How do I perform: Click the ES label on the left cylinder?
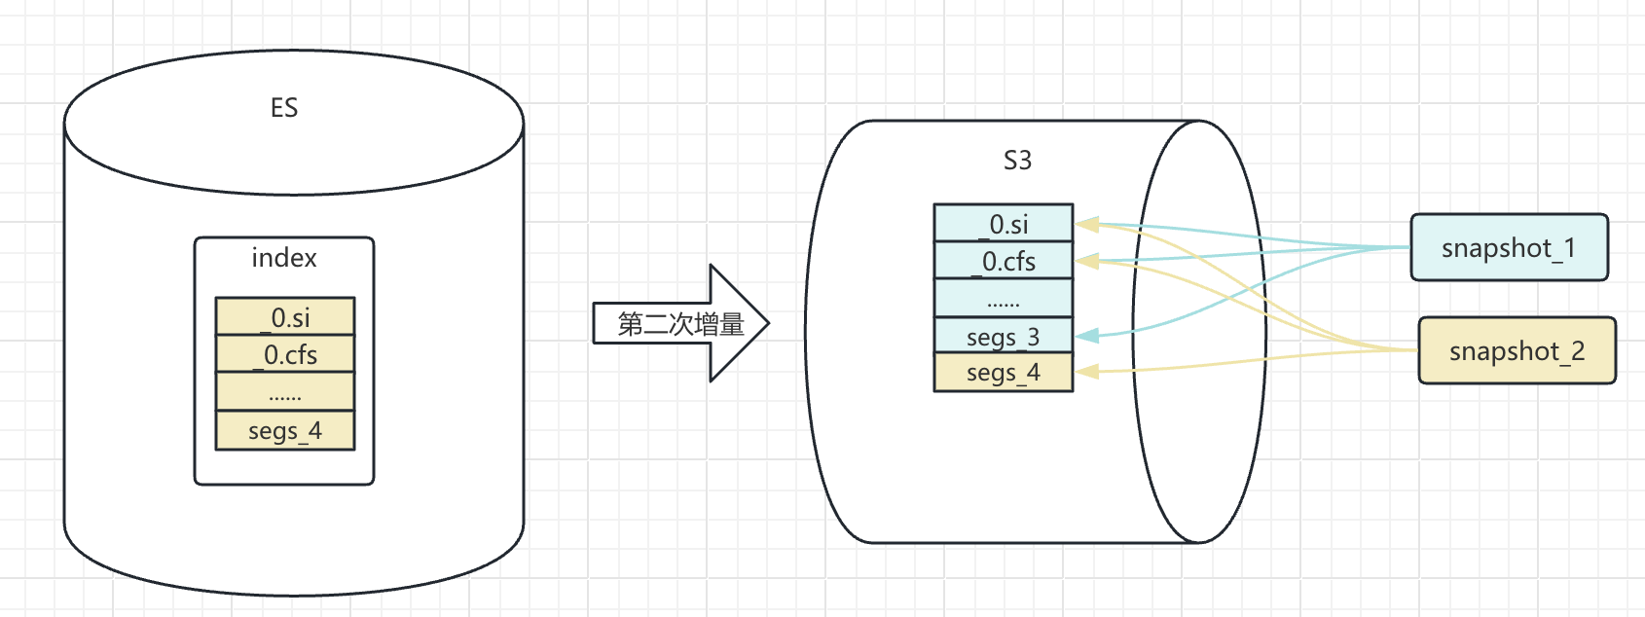point(284,108)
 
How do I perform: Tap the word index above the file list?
point(284,258)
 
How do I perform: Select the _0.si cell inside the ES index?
point(285,317)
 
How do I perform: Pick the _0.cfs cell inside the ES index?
point(285,354)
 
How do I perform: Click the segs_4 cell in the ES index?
point(285,430)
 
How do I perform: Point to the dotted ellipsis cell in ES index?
point(285,392)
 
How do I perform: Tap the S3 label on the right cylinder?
point(1017,161)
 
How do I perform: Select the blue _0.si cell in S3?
point(1004,224)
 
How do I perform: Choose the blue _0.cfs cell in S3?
point(1004,261)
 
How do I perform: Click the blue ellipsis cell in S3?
point(1004,299)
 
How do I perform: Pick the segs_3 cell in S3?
point(1004,337)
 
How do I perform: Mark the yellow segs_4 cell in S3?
point(1004,373)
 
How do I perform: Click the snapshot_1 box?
point(1509,248)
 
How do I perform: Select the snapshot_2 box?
point(1517,351)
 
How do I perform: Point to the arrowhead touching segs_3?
point(1086,336)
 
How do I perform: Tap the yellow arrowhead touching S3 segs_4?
point(1086,371)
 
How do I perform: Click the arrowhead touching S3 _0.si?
point(1086,225)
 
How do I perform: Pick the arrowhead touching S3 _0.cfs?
point(1086,261)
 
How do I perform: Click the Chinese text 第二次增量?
point(680,324)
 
